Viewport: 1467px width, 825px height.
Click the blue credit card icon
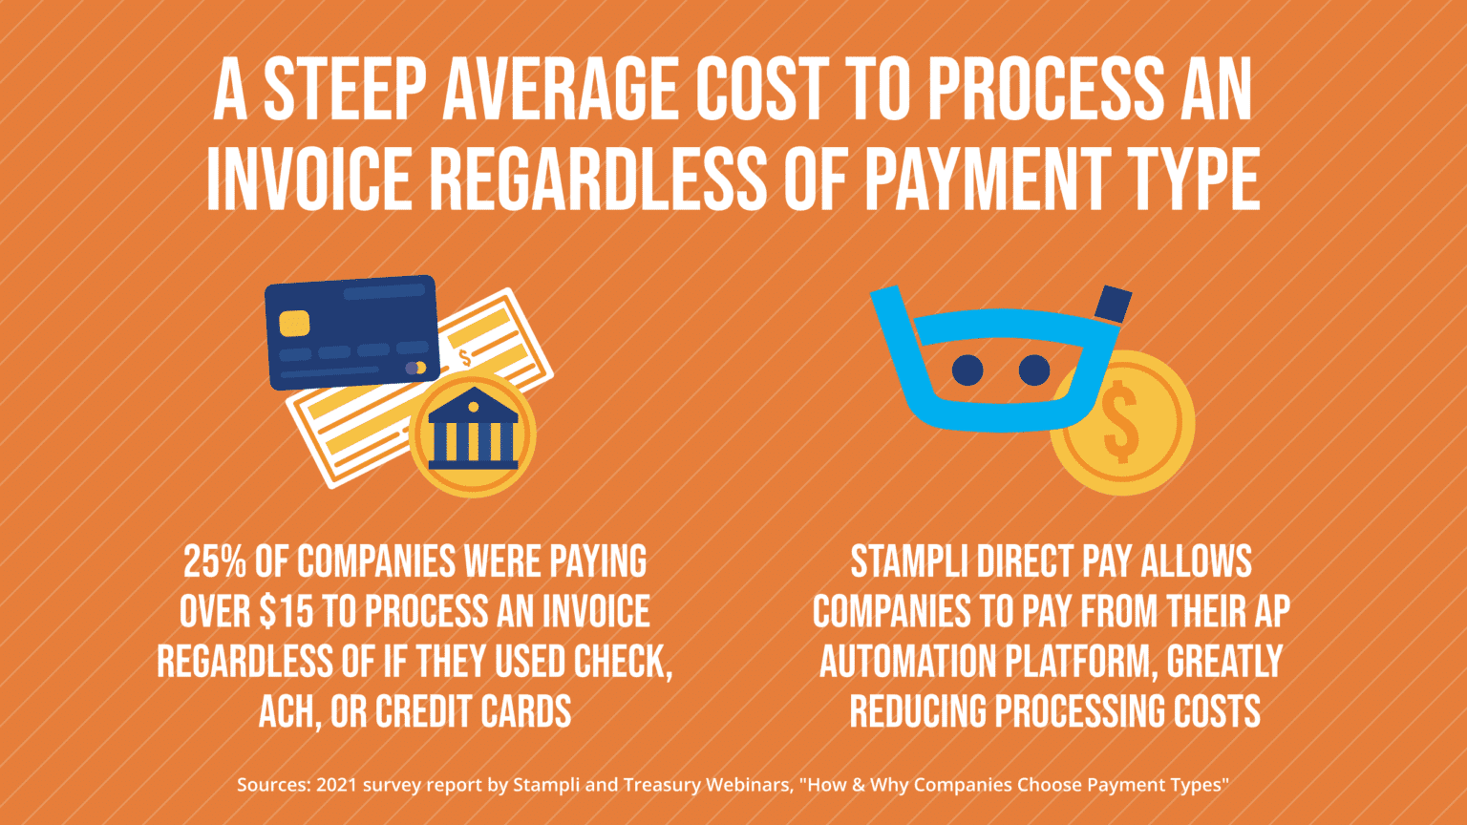point(351,331)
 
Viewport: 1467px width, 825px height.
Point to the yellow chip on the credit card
point(294,323)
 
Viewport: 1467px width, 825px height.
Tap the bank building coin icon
point(473,434)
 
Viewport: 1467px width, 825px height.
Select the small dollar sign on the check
point(465,358)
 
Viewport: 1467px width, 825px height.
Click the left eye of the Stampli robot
point(967,370)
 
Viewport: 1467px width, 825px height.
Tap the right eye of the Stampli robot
point(1034,370)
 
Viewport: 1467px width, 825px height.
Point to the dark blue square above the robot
point(1113,304)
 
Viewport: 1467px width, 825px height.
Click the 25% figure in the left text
point(215,562)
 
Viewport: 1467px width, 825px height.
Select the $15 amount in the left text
point(286,612)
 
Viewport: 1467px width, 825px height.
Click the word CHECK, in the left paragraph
point(623,662)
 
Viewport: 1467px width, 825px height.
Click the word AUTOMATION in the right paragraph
point(914,662)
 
